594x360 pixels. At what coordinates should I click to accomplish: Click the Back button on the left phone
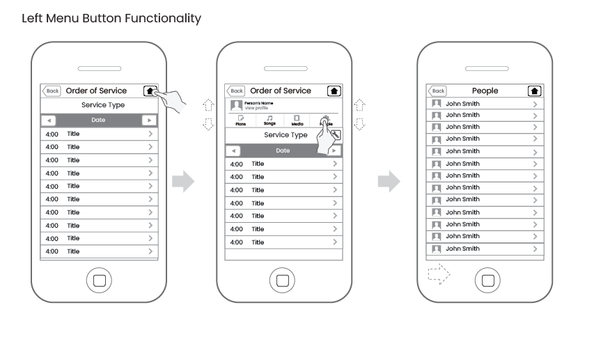[x=52, y=91]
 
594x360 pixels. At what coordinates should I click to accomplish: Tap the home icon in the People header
[x=534, y=91]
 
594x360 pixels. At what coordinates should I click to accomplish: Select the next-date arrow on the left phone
[x=149, y=120]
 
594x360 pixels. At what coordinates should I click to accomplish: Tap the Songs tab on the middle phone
[x=269, y=120]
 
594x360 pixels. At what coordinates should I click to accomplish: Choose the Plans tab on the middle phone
[x=241, y=120]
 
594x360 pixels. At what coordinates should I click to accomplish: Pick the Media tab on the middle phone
[x=297, y=120]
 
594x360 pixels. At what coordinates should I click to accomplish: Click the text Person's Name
[x=258, y=103]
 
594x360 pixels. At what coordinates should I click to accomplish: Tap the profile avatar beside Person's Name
[x=236, y=105]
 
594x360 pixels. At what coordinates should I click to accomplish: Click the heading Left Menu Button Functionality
[x=111, y=19]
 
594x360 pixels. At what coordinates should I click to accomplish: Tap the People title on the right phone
[x=485, y=91]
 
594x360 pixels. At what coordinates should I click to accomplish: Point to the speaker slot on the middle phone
[x=283, y=69]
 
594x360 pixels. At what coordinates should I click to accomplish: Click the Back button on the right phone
[x=437, y=91]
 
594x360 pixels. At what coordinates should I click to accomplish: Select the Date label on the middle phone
[x=283, y=150]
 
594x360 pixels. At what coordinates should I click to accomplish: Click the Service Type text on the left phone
[x=103, y=105]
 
